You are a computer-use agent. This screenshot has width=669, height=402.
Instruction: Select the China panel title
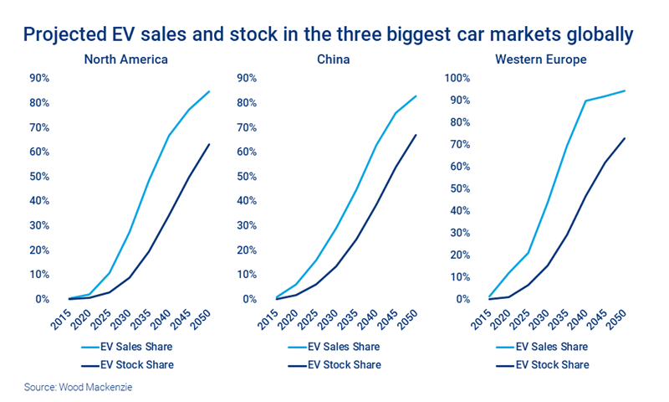(x=338, y=59)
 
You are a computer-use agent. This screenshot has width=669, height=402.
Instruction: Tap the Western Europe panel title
(x=540, y=59)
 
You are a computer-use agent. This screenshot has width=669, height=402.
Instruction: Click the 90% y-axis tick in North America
(x=38, y=78)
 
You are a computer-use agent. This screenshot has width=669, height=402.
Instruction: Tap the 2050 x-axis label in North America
(x=202, y=317)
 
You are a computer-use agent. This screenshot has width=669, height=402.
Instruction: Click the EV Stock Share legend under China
(x=340, y=365)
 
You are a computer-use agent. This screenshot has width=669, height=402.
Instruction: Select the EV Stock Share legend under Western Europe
(x=549, y=365)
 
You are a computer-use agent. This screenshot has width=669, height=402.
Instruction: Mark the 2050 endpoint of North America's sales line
(x=209, y=91)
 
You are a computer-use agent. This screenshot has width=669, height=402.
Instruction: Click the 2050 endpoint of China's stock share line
(x=416, y=135)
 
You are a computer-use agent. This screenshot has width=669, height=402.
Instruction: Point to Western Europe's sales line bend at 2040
(x=585, y=100)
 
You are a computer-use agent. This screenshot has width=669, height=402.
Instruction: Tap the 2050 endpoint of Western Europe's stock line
(x=625, y=138)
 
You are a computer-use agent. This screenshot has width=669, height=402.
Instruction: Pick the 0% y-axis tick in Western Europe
(x=466, y=299)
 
